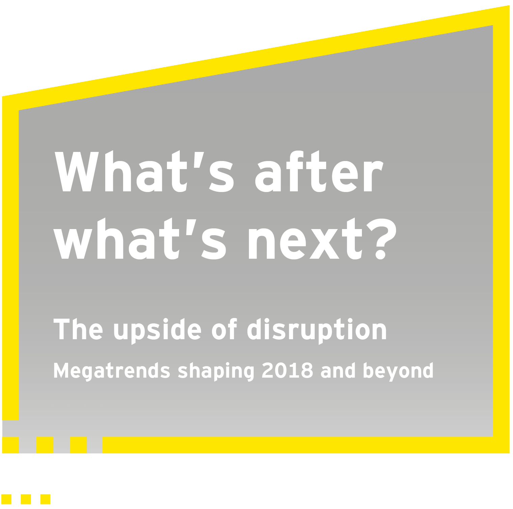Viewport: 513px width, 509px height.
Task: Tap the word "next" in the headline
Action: pos(305,238)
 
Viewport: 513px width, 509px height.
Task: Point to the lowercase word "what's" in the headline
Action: pos(140,238)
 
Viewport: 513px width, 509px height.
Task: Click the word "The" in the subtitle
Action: pos(78,329)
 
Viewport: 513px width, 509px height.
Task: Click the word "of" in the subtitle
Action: pos(224,329)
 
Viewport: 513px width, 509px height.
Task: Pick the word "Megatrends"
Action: pos(112,371)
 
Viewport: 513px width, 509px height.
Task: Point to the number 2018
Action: pos(287,370)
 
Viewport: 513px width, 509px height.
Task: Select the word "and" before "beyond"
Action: pos(338,370)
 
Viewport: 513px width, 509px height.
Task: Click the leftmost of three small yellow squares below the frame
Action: pos(6,499)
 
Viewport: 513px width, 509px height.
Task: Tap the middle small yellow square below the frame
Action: pos(26,499)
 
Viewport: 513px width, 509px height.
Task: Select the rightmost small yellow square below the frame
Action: pos(46,499)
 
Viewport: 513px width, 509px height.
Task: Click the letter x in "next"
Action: pos(324,242)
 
